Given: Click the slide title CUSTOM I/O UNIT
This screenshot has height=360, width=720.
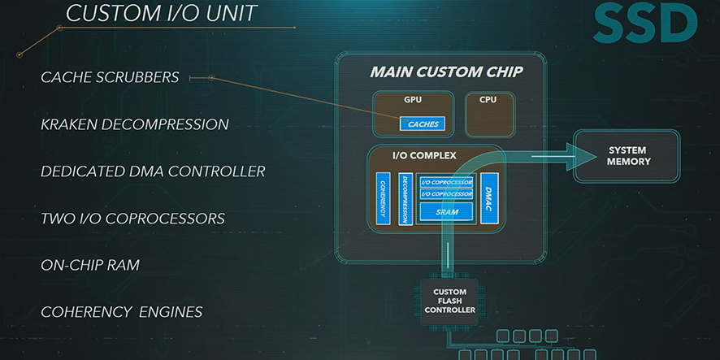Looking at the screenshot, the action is pos(161,13).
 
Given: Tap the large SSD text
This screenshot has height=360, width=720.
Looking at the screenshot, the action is pos(645,24).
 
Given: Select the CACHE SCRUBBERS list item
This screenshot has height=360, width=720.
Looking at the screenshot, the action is pos(110,77).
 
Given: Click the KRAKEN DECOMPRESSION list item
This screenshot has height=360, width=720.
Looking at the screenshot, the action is pos(135,124).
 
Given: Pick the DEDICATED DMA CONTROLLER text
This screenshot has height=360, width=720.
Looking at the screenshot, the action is pos(153,171).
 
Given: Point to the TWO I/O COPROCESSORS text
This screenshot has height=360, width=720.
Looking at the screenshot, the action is pos(132,218).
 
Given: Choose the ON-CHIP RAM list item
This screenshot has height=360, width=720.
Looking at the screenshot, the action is pos(90,265).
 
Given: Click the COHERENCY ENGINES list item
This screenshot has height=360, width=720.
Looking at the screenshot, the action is pos(122,312).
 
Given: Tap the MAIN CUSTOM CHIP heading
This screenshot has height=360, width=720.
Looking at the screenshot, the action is pos(446,72).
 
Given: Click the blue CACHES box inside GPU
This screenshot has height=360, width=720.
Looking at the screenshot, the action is pos(423,124).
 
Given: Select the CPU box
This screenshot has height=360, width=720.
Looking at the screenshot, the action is pos(489,114).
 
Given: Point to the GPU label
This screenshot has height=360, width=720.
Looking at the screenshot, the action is pos(413,100).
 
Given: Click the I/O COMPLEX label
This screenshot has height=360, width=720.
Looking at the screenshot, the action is pos(424,156).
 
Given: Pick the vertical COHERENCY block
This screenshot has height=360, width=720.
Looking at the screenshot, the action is pos(383,199).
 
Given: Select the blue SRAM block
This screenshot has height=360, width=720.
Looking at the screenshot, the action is pos(446,212).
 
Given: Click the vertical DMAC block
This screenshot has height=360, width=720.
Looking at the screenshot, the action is pos(489,199).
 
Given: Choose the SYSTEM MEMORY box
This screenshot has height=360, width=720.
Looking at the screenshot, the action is pos(627,156).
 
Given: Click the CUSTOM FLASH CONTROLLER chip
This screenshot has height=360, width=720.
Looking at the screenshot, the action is pos(449,301).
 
